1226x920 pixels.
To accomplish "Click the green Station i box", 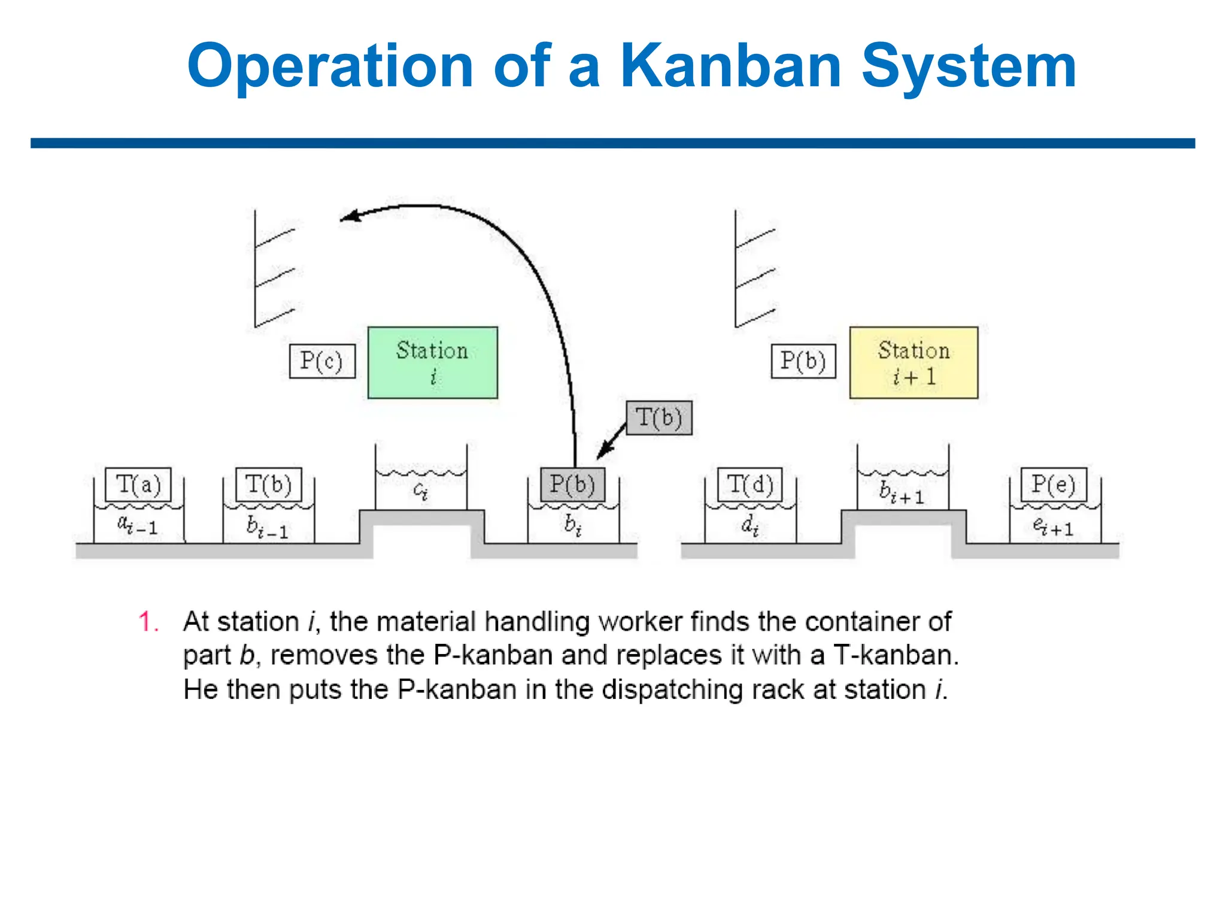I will click(432, 362).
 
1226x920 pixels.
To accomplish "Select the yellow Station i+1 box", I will click(914, 362).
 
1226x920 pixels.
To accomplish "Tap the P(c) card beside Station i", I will click(322, 361).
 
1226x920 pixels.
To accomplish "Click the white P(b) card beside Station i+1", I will click(803, 361).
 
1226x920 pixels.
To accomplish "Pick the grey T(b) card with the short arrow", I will click(659, 417).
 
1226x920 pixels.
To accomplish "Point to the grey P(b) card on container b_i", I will click(572, 484).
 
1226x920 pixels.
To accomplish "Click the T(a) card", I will click(138, 484).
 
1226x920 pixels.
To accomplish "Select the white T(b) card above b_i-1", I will click(268, 484).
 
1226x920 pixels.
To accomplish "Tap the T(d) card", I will click(750, 484).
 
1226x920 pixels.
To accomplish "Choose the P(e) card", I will click(1053, 484).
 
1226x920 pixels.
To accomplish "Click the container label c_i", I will click(421, 491).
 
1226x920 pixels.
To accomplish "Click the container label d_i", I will click(750, 525).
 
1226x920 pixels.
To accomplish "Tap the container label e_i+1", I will click(1053, 526).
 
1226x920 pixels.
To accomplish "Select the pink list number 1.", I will click(147, 622).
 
